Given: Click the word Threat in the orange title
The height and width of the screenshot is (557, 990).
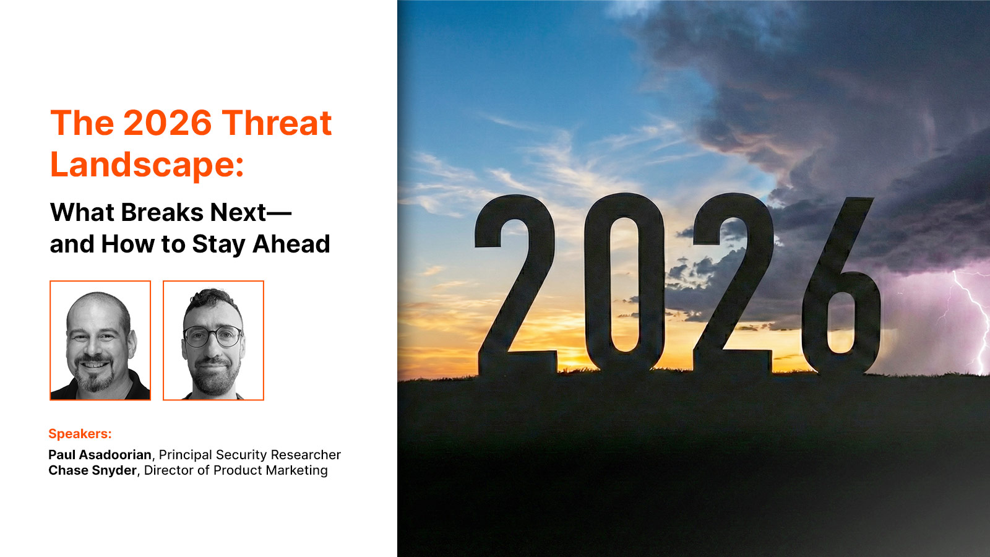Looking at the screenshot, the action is click(x=276, y=123).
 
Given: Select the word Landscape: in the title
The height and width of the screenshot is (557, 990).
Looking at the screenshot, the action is click(x=147, y=165).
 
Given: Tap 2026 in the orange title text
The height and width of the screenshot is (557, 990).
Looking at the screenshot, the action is click(x=168, y=123).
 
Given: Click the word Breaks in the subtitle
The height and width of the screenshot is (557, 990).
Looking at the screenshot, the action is click(x=161, y=212).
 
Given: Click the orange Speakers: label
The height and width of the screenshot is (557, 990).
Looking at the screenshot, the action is click(x=80, y=434).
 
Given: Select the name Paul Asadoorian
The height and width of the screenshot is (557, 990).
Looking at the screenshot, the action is click(x=100, y=454).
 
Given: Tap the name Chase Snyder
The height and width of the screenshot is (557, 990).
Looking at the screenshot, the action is click(x=92, y=470).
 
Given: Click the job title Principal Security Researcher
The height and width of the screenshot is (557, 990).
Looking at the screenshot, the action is click(x=250, y=455).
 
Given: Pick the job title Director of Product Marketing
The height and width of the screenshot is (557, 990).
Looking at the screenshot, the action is click(x=236, y=470).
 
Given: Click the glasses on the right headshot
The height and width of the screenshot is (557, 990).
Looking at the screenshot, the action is click(x=213, y=337).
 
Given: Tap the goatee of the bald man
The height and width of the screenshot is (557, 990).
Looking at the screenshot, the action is click(x=94, y=376).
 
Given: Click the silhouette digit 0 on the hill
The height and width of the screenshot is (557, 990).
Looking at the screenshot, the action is click(x=624, y=283).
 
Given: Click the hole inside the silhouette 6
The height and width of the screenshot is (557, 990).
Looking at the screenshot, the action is click(x=841, y=322).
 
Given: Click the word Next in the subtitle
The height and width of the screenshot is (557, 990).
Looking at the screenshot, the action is click(x=238, y=212).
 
